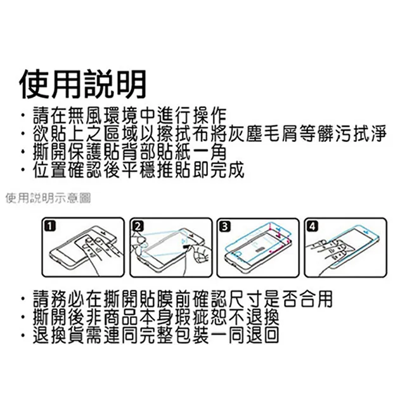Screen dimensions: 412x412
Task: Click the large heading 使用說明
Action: tap(83, 84)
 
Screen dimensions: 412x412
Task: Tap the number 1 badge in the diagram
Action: tap(50, 226)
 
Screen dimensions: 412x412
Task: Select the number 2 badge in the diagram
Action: tap(138, 226)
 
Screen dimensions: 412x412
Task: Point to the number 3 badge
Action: tap(225, 226)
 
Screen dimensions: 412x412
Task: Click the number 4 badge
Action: tap(312, 226)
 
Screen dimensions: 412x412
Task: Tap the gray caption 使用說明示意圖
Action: tap(48, 198)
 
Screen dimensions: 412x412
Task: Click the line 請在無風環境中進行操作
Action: tap(130, 115)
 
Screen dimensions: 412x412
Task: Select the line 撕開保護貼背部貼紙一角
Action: tap(130, 151)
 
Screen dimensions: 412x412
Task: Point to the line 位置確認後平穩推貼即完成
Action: tap(139, 169)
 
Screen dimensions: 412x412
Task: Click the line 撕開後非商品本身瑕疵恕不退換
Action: tap(156, 317)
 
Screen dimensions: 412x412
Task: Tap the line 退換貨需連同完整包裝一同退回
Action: tap(156, 335)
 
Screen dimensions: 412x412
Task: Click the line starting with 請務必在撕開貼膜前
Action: tap(183, 299)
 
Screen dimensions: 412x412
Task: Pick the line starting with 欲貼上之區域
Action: tap(210, 134)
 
